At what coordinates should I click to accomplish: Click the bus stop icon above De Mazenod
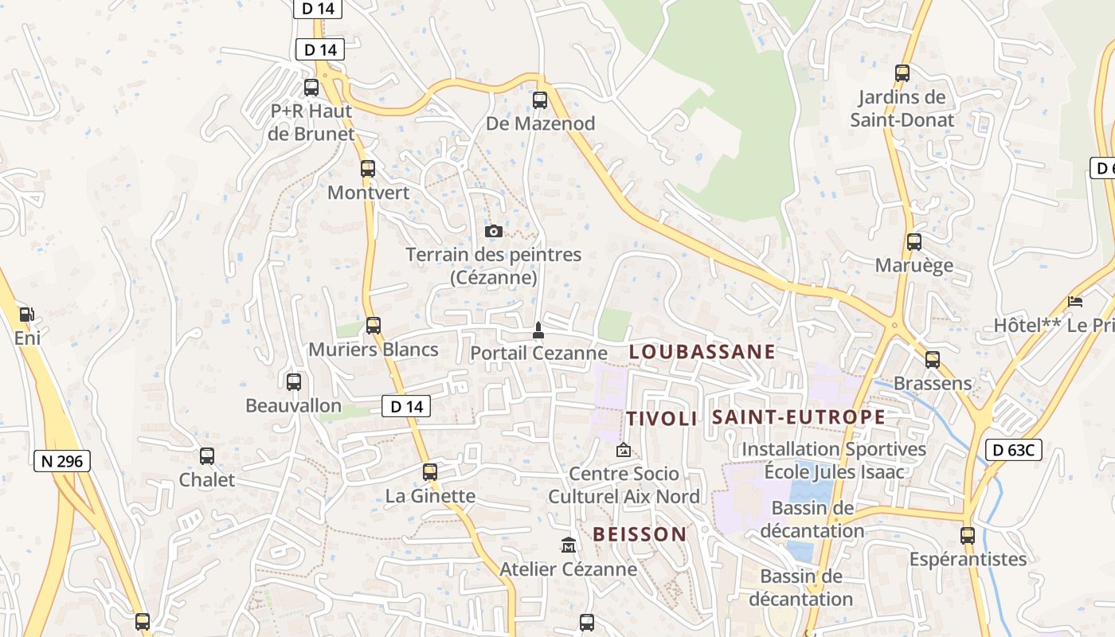coord(540,100)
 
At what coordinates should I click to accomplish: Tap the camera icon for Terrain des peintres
coord(494,231)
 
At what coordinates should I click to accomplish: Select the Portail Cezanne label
coord(538,353)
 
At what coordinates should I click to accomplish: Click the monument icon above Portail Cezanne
coord(538,330)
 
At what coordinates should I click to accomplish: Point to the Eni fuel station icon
coord(26,315)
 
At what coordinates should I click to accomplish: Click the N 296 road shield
coord(63,461)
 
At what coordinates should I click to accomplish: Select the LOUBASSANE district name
coord(702,352)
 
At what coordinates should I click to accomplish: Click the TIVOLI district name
coord(661,419)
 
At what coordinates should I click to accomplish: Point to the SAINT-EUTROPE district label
coord(798,417)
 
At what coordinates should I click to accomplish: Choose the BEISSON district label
coord(640,534)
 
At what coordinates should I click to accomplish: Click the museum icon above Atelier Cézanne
coord(569,545)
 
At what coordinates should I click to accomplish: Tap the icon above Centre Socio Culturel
coord(623,451)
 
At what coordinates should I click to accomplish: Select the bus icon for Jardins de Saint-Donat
coord(902,73)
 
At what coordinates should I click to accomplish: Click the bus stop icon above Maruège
coord(914,242)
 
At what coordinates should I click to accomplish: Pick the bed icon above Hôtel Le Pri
coord(1075,302)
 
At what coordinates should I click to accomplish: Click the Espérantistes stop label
coord(968,559)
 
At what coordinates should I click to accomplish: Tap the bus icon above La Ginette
coord(430,472)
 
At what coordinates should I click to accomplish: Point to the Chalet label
coord(207,480)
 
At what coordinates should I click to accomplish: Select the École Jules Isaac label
coord(834,472)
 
